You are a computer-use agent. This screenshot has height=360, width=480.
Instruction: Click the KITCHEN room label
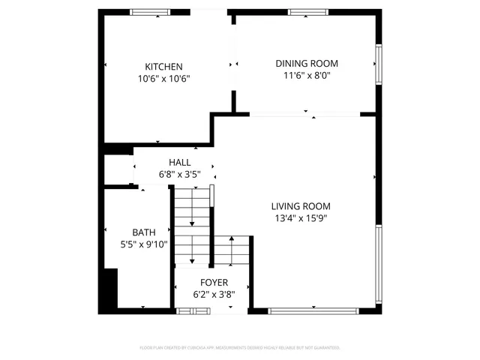163,67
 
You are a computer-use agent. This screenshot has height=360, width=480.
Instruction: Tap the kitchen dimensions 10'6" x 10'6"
163,79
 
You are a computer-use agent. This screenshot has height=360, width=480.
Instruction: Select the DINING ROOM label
307,64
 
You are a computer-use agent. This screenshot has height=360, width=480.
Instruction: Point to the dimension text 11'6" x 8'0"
307,76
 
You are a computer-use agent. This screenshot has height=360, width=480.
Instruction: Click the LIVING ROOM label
300,206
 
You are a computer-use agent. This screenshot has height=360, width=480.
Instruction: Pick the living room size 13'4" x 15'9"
300,218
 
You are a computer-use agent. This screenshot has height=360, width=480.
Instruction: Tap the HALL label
179,163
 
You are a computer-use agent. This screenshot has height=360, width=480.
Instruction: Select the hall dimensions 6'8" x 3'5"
179,175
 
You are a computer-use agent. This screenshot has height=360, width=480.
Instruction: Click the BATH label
144,232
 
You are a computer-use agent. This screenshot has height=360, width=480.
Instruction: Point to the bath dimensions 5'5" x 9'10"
144,244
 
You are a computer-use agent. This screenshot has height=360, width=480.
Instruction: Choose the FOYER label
214,283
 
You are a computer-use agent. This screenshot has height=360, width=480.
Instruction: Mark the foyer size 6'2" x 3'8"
214,295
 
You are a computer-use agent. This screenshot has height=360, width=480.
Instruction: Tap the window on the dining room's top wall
308,12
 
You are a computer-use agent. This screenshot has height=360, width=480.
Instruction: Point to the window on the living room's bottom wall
313,310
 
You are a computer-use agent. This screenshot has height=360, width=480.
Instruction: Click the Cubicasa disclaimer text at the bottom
240,348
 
